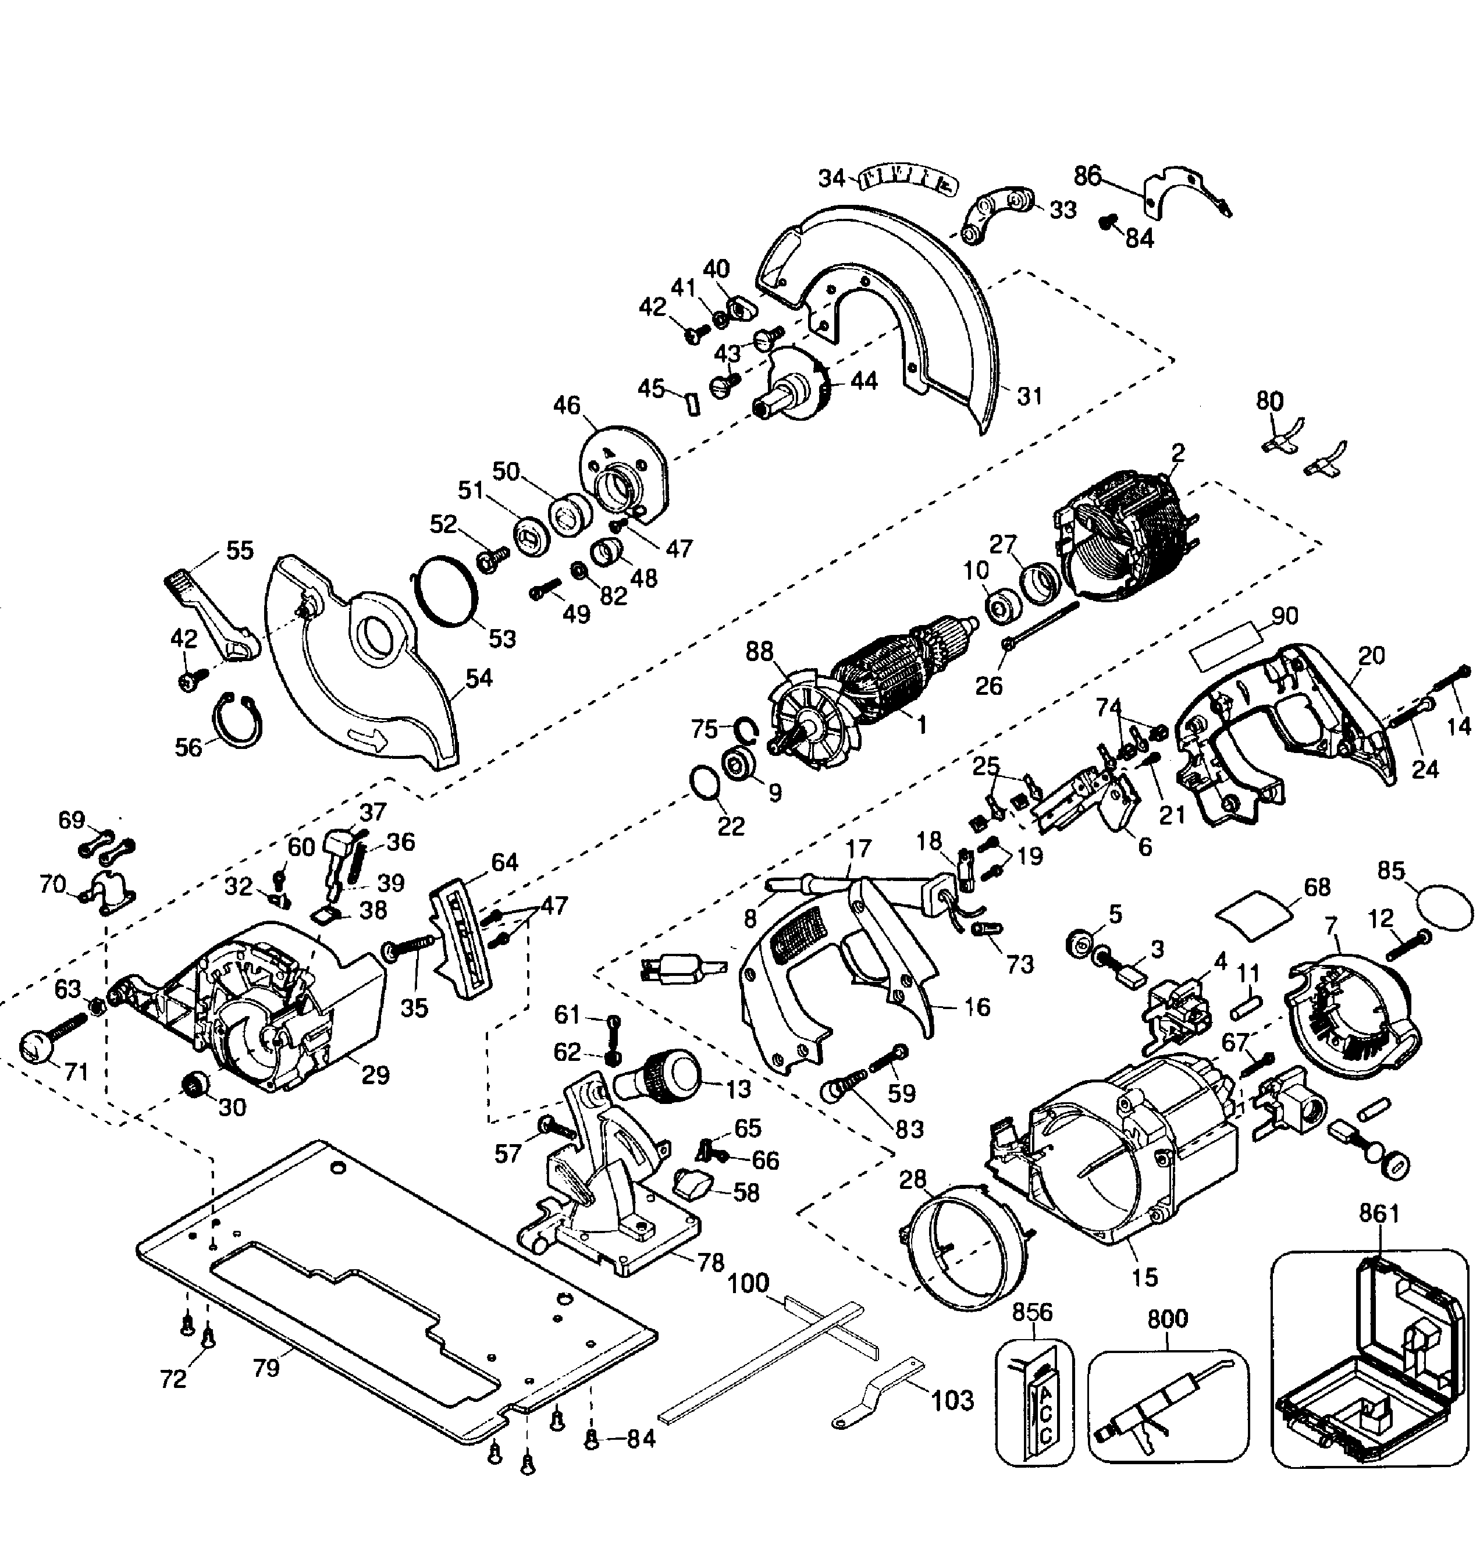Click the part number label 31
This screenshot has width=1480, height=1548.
tap(1030, 396)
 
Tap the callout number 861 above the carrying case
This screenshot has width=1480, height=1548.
tap(1378, 1213)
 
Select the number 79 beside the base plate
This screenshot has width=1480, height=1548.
tap(266, 1368)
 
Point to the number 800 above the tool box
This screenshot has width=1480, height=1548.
tap(1168, 1318)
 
